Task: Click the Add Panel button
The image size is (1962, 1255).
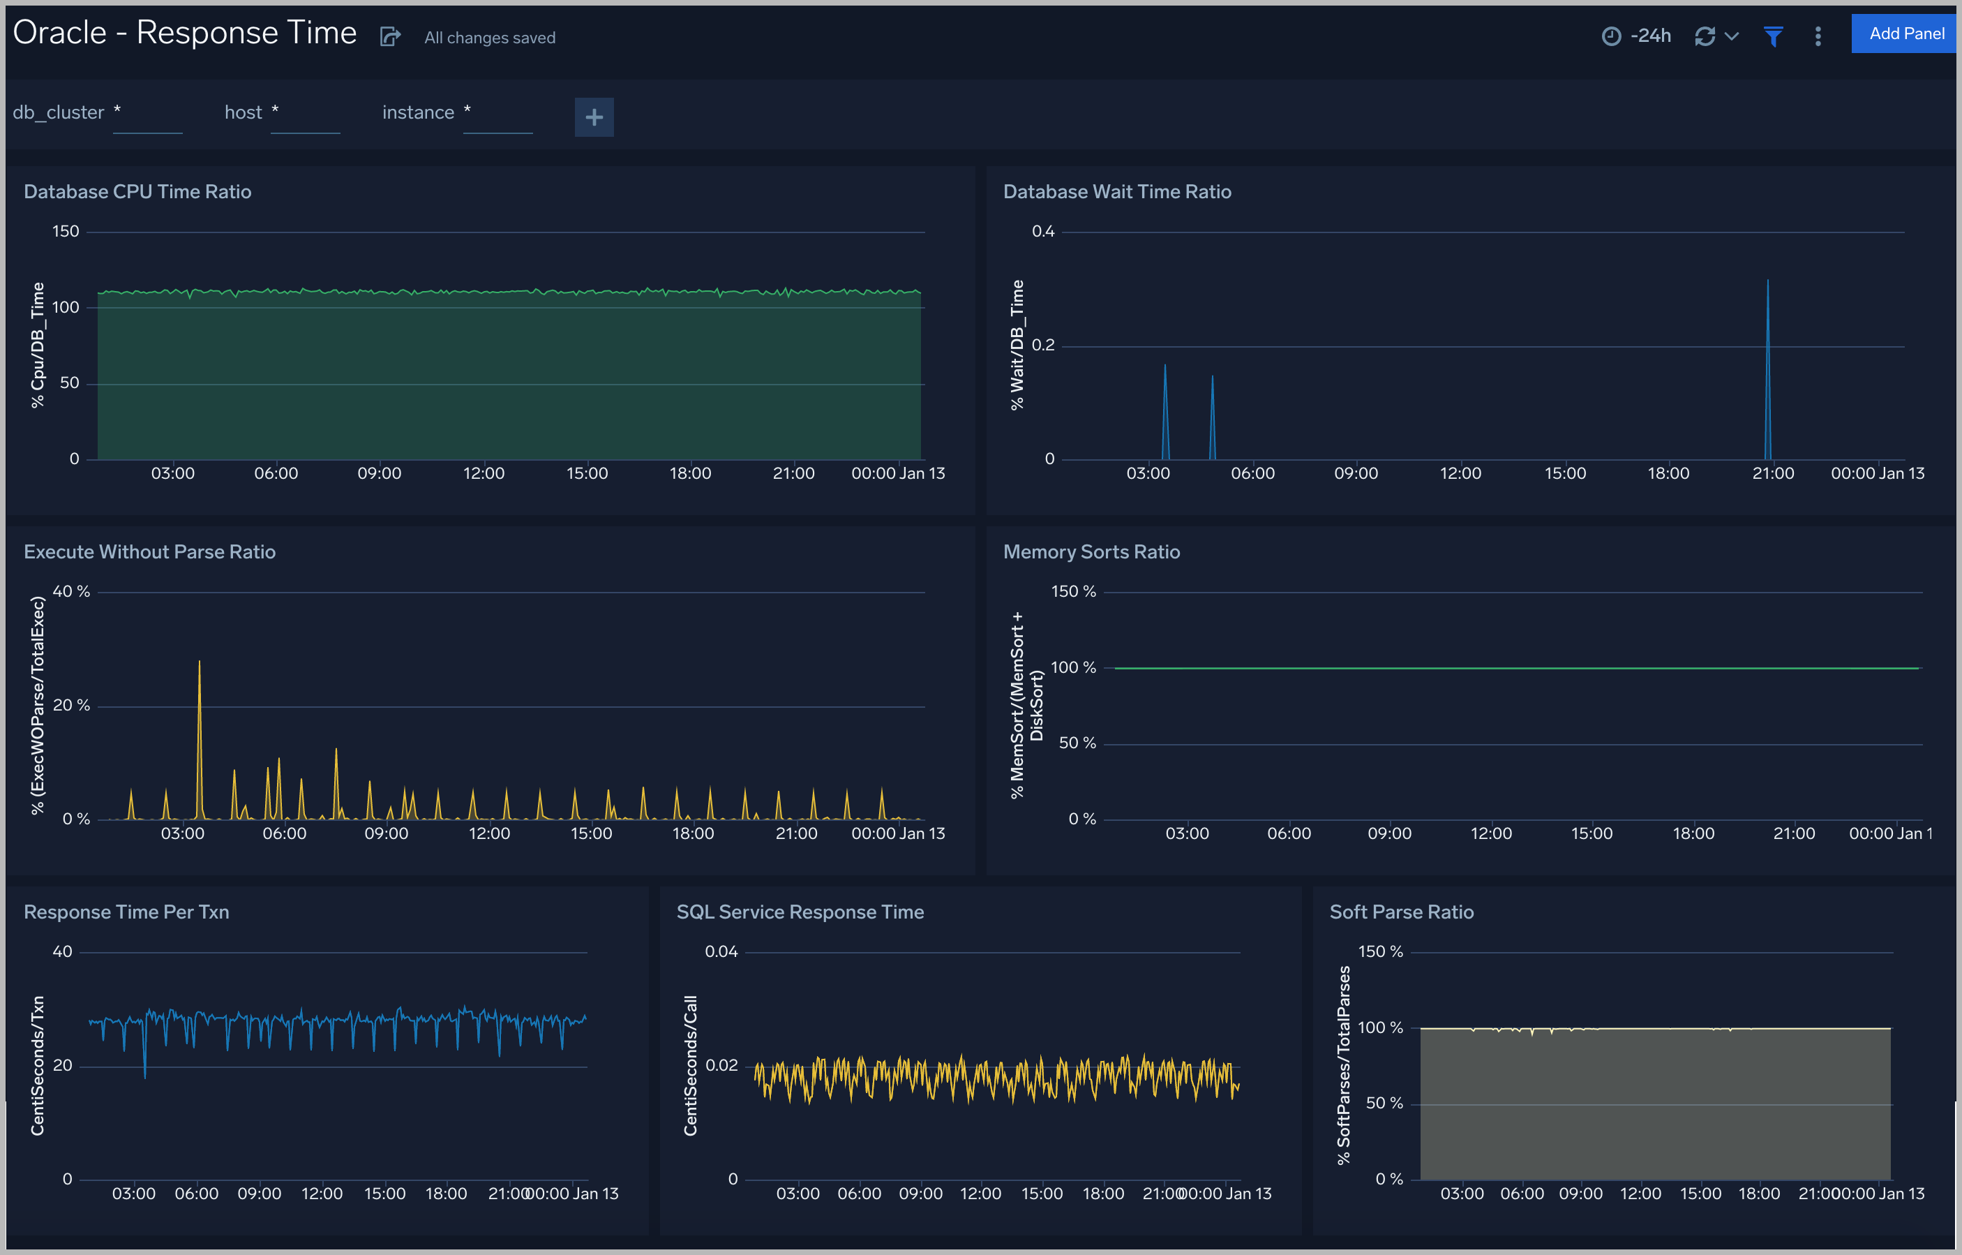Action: (1905, 34)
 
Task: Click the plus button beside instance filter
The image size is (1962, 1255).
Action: (594, 117)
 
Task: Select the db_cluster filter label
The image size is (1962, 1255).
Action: (59, 112)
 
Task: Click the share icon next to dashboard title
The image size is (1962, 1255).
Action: (390, 37)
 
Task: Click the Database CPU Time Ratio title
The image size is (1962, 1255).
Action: (137, 191)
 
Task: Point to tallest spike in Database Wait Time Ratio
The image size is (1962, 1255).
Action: (1767, 282)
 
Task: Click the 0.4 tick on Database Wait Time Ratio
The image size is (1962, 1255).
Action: (1043, 232)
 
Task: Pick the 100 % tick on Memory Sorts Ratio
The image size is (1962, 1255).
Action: (1073, 667)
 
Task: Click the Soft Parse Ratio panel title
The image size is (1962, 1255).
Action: (1402, 912)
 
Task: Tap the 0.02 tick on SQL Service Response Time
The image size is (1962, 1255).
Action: (721, 1065)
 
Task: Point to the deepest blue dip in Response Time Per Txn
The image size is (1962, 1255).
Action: (145, 1076)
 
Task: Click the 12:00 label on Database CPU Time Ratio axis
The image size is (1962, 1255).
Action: (484, 473)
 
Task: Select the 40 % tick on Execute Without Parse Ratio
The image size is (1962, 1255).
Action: (71, 592)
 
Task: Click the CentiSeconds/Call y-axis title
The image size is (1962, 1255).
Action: (690, 1065)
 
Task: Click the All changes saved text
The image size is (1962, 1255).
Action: (490, 38)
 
